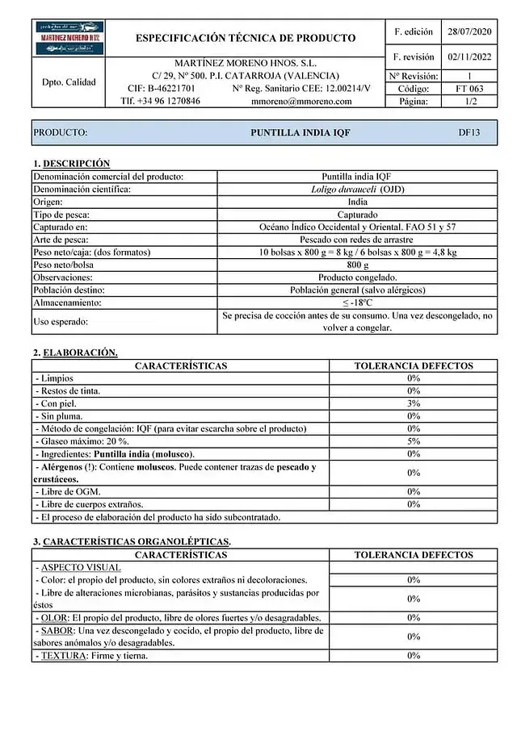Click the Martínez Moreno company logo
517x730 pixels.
click(69, 39)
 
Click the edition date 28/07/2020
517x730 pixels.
click(469, 32)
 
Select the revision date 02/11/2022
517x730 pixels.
click(469, 57)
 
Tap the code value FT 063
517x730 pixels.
click(469, 89)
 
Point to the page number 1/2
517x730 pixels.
click(469, 102)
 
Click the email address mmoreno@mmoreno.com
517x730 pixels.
click(301, 102)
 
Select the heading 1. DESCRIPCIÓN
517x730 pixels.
click(71, 164)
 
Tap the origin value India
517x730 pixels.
click(357, 202)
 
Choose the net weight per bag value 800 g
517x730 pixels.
click(357, 265)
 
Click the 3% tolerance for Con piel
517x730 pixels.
click(414, 403)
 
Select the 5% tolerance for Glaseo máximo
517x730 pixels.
click(414, 441)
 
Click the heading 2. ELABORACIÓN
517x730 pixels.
click(75, 352)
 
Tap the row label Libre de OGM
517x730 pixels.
click(68, 491)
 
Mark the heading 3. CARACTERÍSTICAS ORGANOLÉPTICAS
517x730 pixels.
click(132, 541)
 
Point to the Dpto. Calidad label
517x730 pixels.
click(69, 81)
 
